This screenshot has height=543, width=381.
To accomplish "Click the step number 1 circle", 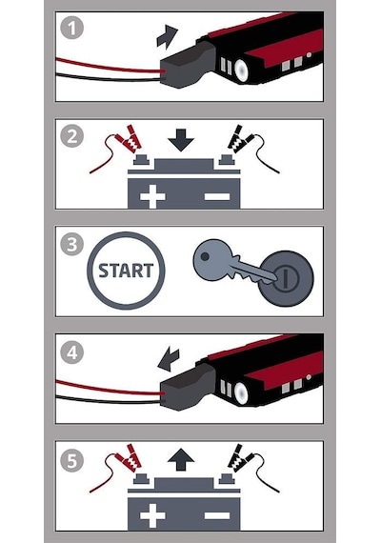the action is point(71,28).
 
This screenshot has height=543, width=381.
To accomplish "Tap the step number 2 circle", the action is point(71,135).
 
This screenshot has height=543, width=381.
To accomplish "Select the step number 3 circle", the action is point(71,244).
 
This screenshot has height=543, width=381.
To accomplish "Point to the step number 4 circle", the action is point(71,352).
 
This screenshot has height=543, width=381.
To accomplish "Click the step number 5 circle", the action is point(71,460).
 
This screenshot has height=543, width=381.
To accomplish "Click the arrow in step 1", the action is point(167,36).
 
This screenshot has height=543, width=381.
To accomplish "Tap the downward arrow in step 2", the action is point(180,140).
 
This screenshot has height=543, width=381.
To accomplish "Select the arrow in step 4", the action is point(169,359).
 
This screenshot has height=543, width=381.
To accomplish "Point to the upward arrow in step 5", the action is point(180,460).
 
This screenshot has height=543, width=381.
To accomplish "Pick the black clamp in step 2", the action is point(240,139).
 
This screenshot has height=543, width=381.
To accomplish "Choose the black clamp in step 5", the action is point(240,458).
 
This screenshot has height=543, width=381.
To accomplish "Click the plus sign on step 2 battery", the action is point(152,196).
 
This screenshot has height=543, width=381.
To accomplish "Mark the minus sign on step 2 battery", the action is point(217,196).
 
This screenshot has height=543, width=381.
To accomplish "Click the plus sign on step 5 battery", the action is point(152,516).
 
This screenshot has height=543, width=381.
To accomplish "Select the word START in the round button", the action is point(126,271).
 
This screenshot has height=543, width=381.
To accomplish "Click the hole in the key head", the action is point(205,256).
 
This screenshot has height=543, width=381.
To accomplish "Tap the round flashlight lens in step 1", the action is point(241,70).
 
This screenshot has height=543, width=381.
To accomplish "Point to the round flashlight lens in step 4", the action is point(241,392).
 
